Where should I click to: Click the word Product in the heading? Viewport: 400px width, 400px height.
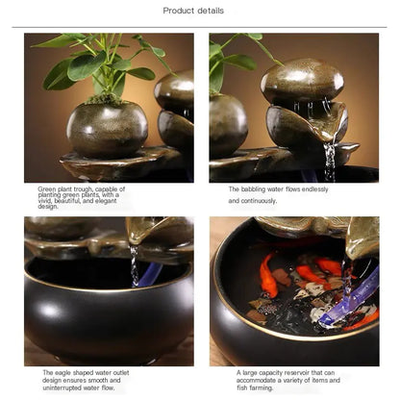click(179, 11)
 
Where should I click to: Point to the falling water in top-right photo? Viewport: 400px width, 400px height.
click(330, 160)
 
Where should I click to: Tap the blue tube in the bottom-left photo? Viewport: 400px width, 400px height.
click(148, 276)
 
